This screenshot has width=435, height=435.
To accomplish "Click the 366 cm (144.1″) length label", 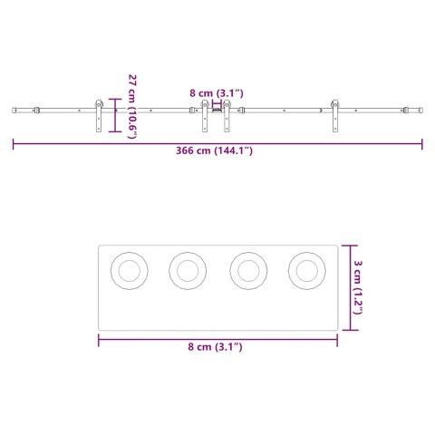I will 217,150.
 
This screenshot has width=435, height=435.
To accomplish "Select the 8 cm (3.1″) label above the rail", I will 216,92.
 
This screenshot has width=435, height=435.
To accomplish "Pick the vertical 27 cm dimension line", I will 113,115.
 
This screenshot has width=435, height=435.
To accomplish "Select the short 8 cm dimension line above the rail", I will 216,103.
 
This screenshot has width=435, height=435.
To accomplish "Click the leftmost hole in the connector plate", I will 128,269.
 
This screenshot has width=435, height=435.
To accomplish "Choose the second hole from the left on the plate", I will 188,269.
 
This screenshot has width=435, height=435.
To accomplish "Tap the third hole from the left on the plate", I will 247,269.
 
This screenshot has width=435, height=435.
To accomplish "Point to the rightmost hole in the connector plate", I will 306,269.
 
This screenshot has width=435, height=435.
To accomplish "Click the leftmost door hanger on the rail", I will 98,116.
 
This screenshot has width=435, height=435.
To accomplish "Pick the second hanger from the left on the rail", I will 206,116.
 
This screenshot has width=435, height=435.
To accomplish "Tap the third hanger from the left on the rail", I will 227,116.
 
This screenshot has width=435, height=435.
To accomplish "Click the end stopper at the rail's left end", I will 36,111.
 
